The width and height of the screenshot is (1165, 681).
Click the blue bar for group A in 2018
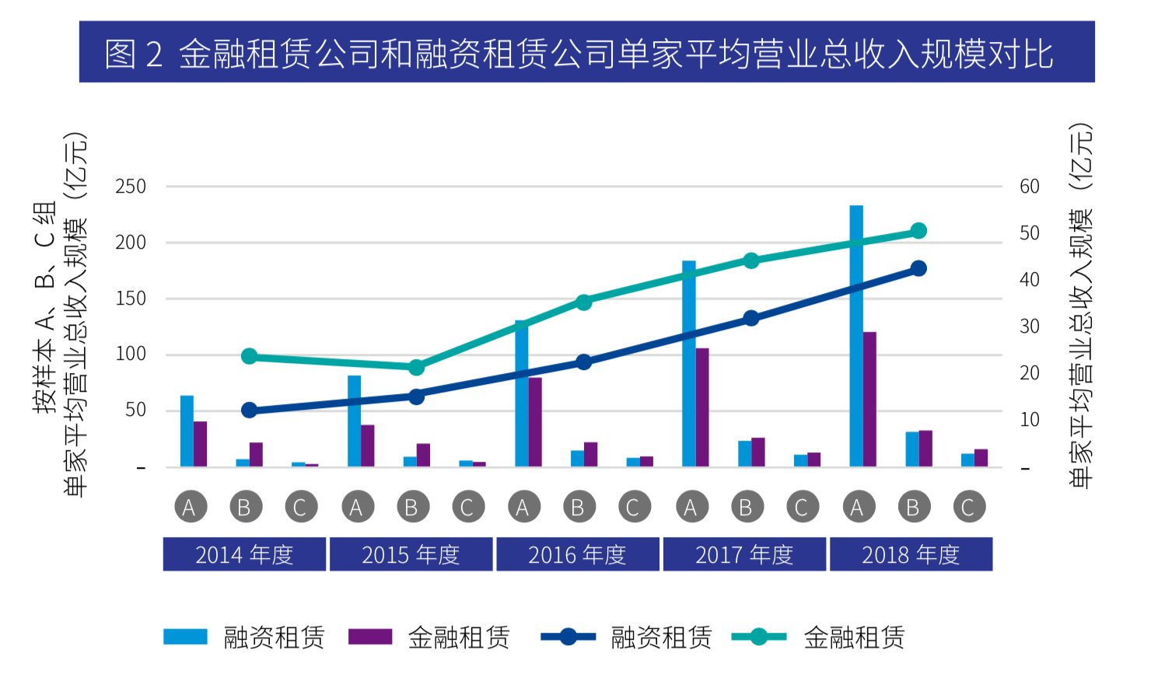[x=856, y=336]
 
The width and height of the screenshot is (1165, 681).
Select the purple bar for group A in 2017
[x=702, y=407]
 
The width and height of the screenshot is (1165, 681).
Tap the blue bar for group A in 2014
[x=187, y=431]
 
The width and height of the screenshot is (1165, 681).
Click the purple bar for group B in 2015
[x=423, y=455]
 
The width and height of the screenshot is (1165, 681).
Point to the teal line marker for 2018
[x=918, y=231]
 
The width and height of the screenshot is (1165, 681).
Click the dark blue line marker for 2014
[x=249, y=410]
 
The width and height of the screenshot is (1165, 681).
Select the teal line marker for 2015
[x=416, y=368]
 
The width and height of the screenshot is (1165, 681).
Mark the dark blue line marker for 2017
[x=750, y=318]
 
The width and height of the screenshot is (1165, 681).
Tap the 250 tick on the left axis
[x=131, y=187]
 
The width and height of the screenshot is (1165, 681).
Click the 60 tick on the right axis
[x=1030, y=187]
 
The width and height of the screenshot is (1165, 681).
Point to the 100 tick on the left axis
[x=131, y=354]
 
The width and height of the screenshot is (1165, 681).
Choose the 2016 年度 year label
[x=577, y=555]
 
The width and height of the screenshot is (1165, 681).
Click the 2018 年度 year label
[x=911, y=555]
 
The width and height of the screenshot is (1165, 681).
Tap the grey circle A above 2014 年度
[x=189, y=508]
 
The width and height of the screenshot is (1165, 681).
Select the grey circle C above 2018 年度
[x=968, y=508]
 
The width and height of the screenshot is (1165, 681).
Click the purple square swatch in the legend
[x=370, y=637]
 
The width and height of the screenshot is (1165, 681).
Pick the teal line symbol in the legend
[x=759, y=637]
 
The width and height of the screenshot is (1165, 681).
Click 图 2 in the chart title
[x=134, y=54]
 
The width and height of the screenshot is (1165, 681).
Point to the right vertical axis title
[x=1081, y=306]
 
